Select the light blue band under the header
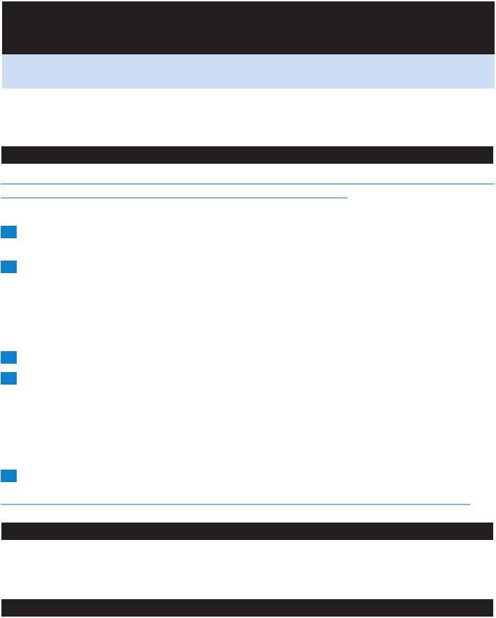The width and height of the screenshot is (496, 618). pos(247,71)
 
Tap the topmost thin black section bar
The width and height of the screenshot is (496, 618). pos(247,154)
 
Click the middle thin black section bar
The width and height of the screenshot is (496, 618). pos(247,531)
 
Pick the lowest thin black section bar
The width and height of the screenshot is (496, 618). pos(247,608)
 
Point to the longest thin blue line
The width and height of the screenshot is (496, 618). pos(247,184)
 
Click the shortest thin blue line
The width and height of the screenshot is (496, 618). pos(174,197)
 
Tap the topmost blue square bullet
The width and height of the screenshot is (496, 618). pos(8,233)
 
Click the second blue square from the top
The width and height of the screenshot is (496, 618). pos(8,267)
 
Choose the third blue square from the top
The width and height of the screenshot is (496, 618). pos(8,357)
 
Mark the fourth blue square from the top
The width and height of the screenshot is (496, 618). pos(8,378)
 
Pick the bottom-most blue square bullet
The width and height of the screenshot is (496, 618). pos(8,476)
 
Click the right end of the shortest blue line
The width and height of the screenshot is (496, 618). pos(346,197)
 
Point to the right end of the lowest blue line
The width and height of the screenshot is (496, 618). pos(470,504)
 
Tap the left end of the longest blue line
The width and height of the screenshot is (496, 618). pos(2,184)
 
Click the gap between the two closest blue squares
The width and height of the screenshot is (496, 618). pos(8,368)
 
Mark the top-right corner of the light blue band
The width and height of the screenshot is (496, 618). pos(493,55)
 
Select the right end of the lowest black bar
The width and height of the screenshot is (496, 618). pos(492,608)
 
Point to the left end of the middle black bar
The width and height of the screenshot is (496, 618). pos(3,531)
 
